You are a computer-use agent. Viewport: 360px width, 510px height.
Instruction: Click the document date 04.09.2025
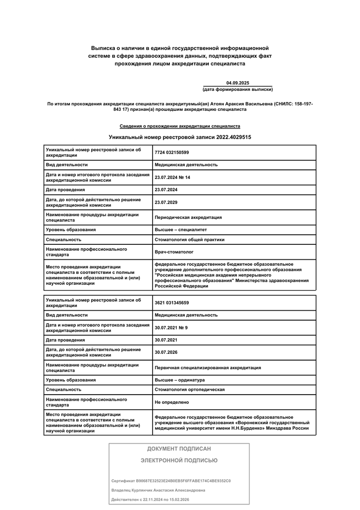tap(237, 83)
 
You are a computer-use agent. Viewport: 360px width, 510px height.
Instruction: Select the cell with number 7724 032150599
tap(172, 153)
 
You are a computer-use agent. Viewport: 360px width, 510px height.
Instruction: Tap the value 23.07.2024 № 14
tap(172, 177)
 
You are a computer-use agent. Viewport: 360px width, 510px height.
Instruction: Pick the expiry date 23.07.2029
tap(166, 202)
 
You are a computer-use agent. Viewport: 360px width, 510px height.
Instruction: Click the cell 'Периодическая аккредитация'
tap(188, 217)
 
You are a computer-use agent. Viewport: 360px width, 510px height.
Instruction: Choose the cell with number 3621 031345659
tap(172, 302)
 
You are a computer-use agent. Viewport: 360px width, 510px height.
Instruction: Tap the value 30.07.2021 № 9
tap(171, 327)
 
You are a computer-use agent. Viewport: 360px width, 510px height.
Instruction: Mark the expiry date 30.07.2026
tap(166, 352)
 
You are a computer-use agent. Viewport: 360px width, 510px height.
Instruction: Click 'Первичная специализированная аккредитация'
tap(207, 367)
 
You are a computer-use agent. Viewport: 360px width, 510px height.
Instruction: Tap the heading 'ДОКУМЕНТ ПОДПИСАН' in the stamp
tap(179, 449)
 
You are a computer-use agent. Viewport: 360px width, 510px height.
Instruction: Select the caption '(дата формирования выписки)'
tap(237, 89)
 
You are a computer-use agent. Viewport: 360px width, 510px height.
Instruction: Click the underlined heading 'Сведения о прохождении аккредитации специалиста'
tap(180, 126)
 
